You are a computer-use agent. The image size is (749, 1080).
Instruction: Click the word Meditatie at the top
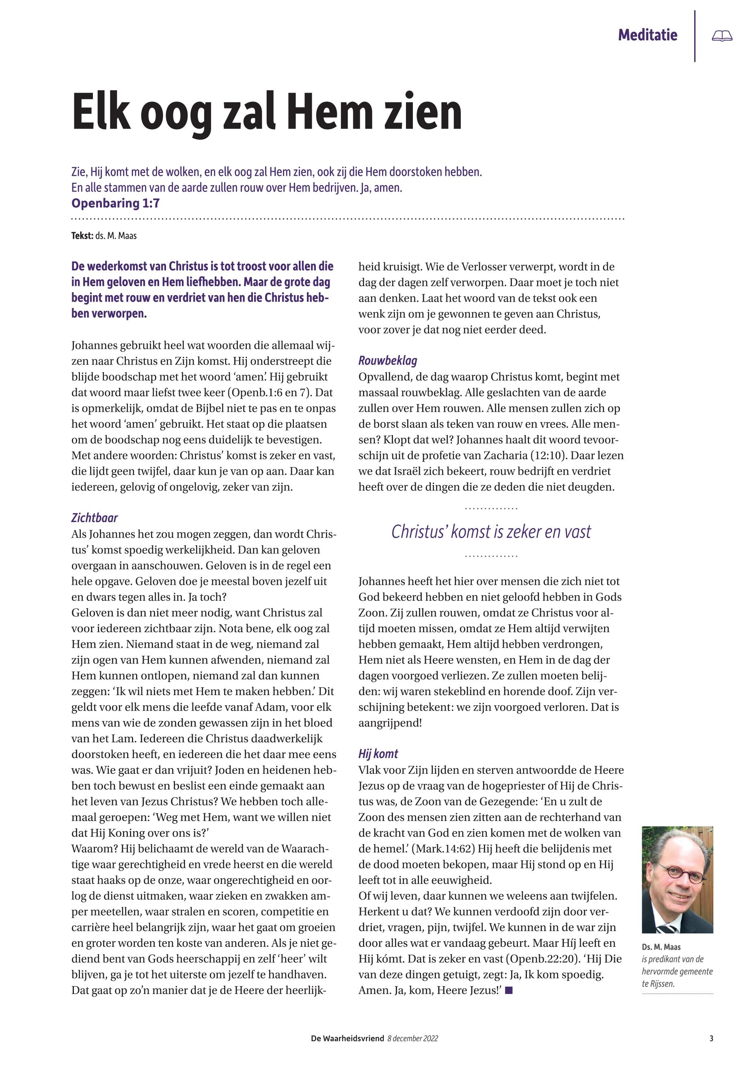648,35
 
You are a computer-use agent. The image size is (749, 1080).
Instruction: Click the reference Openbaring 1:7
115,203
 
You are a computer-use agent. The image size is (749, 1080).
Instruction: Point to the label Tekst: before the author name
82,235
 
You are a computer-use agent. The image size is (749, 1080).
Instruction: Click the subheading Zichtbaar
94,518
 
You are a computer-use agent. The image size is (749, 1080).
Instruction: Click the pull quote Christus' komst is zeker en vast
491,532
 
